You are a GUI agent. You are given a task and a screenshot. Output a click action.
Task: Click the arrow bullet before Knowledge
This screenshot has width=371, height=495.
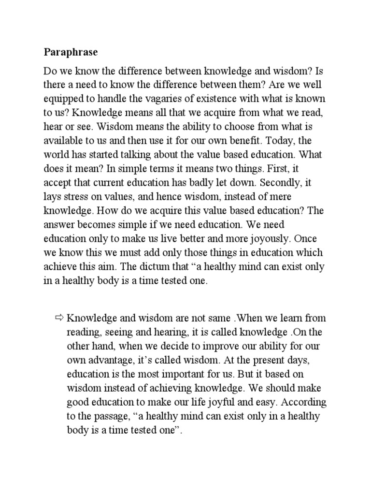(x=59, y=318)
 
